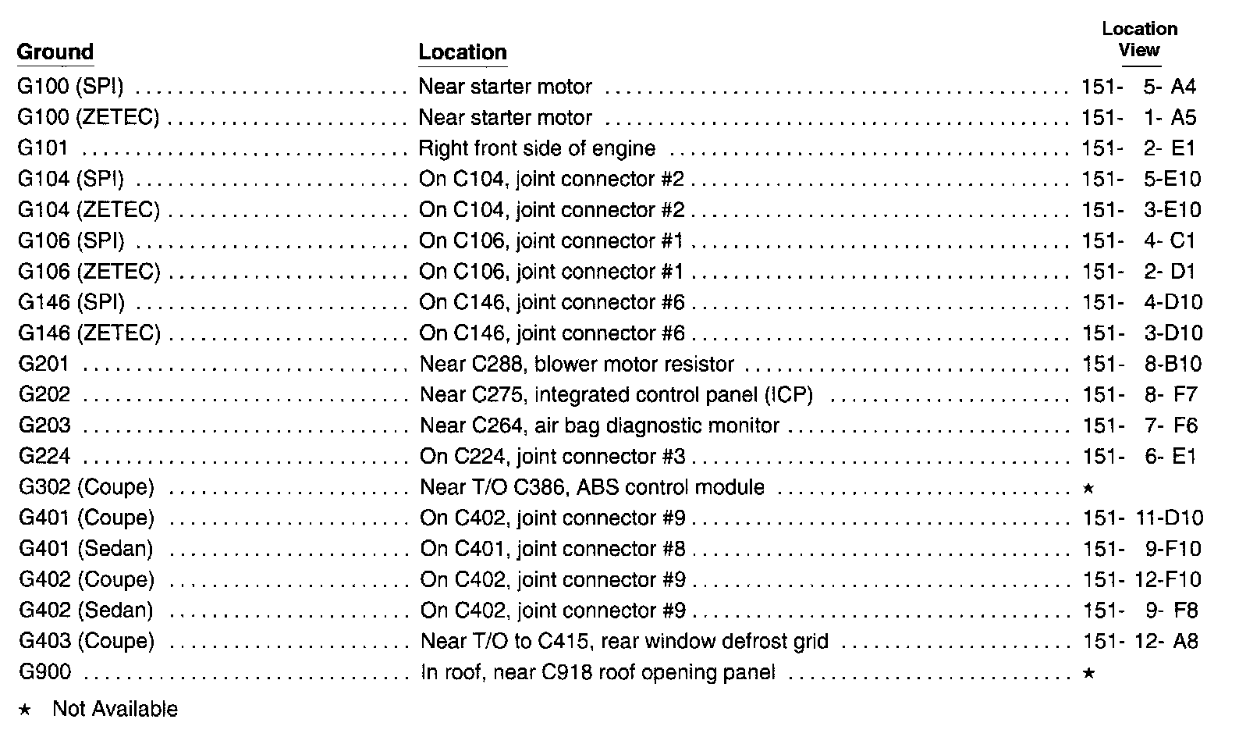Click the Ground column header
(x=55, y=52)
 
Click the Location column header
(x=463, y=52)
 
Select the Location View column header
(x=1139, y=40)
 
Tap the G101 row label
(x=44, y=148)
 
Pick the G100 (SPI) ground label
(x=70, y=87)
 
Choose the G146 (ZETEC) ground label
(x=89, y=333)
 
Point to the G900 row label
(x=44, y=672)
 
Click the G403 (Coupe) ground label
(x=87, y=642)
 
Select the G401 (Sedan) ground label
(x=86, y=549)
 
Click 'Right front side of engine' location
(x=537, y=148)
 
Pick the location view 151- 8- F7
(x=1140, y=395)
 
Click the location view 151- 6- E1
(x=1140, y=457)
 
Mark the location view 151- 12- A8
(x=1141, y=642)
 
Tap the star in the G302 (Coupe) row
(x=1088, y=489)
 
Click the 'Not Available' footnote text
(x=115, y=709)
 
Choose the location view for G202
(x=1140, y=395)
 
